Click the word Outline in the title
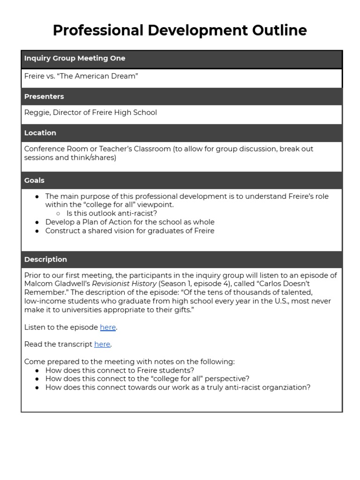coord(279,30)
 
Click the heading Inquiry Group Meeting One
coord(75,59)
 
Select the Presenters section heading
coord(44,97)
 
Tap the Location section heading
coord(40,133)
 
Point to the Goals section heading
coord(34,180)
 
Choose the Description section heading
coord(45,260)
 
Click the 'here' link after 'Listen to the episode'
coord(107,327)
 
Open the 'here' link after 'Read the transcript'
coord(102,344)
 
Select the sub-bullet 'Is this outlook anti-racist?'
coord(112,213)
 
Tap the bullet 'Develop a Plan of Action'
coord(130,222)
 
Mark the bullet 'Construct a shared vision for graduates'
coord(130,231)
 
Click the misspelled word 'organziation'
coord(287,387)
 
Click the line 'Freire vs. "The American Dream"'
coord(81,76)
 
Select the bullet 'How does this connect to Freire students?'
coord(120,370)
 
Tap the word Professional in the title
coord(98,30)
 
